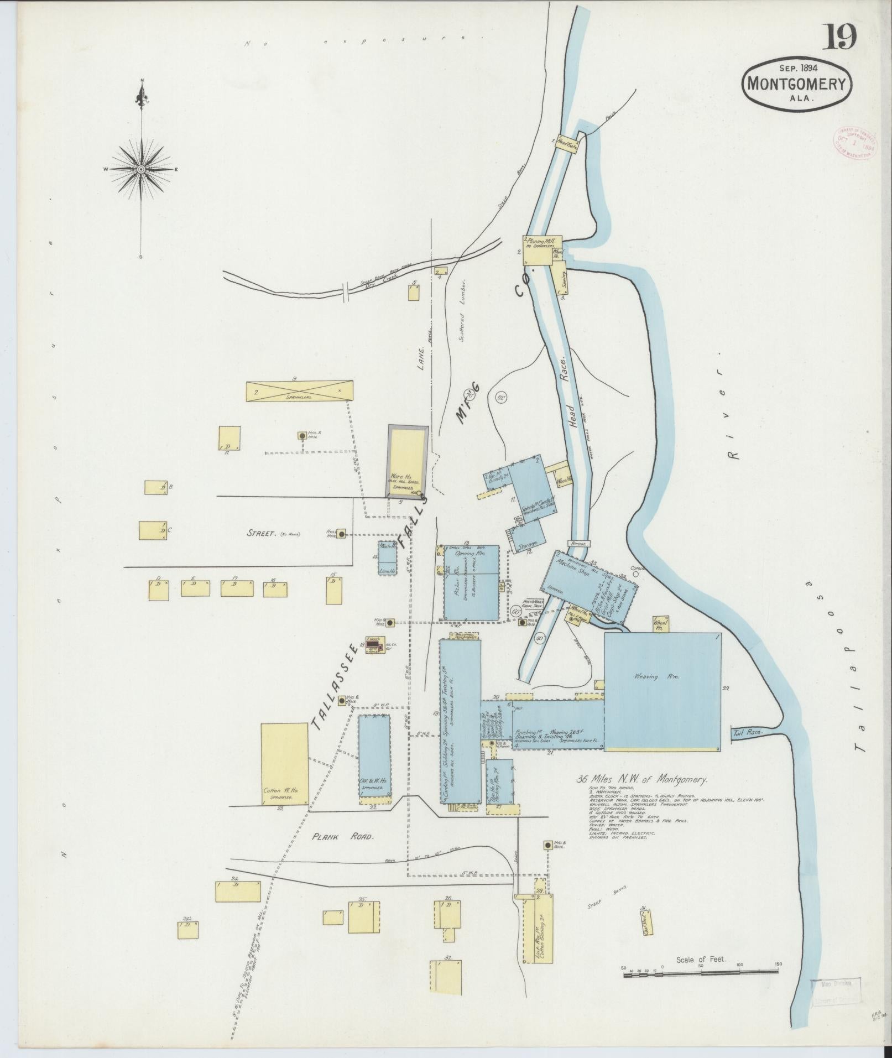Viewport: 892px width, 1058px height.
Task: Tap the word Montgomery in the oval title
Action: coord(797,84)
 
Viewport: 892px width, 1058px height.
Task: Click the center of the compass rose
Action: coord(141,169)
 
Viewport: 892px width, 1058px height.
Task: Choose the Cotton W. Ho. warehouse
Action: coord(284,765)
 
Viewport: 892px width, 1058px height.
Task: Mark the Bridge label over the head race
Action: coord(578,544)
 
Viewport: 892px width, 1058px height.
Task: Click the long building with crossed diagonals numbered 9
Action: coord(299,391)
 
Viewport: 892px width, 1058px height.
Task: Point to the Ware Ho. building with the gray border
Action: coord(408,462)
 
